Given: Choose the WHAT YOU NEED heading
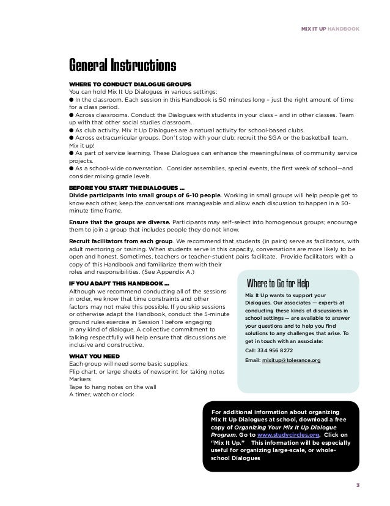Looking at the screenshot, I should coord(94,355).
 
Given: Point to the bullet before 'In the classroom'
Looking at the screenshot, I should coord(71,99).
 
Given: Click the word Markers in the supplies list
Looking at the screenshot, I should coord(80,379).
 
